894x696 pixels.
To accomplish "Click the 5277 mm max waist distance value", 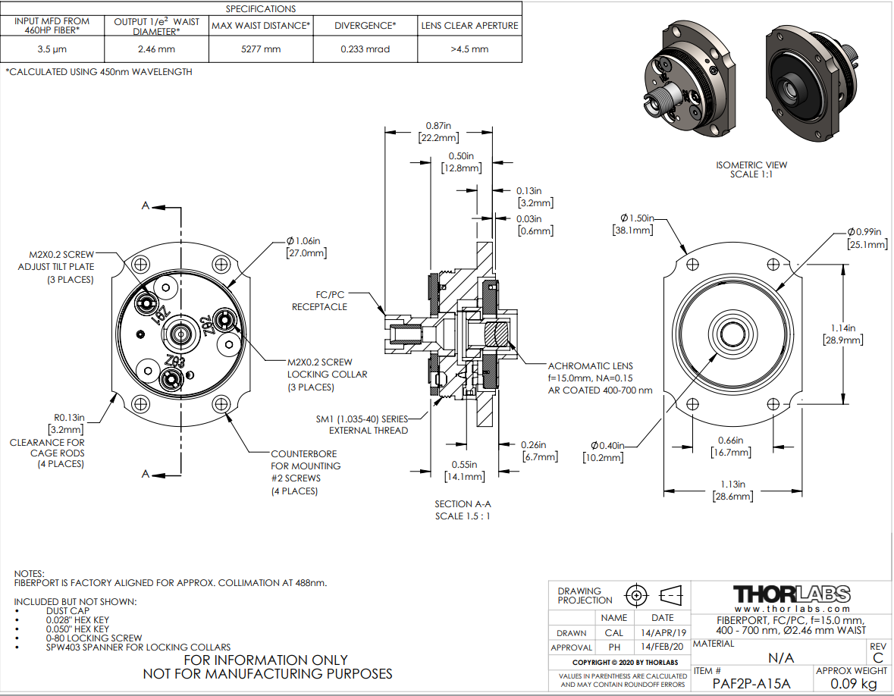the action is [x=261, y=49].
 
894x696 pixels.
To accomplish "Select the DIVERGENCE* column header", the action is [x=365, y=26].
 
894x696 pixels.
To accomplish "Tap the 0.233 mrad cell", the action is [x=365, y=49].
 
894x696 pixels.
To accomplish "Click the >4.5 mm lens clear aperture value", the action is [x=469, y=49].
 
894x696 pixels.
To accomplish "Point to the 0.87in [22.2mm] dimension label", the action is [x=438, y=132].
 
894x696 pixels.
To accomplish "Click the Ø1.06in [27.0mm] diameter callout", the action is [x=306, y=247].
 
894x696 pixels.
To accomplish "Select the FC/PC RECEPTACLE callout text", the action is [x=318, y=301].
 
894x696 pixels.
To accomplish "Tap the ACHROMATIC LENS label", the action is [x=590, y=366].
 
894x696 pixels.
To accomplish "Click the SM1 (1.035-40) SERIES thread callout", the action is [x=362, y=419].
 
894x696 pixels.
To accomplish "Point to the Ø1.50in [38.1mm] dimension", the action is [x=634, y=224].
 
